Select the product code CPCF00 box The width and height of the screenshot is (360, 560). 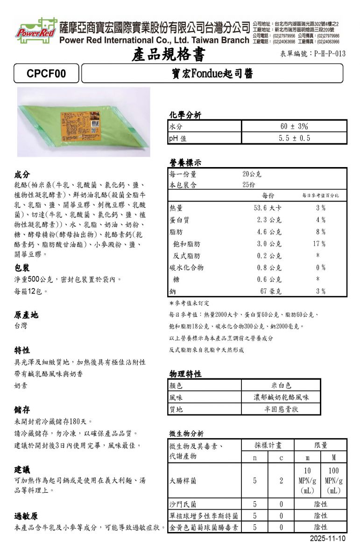coord(46,73)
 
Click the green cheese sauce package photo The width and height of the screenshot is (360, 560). coord(84,122)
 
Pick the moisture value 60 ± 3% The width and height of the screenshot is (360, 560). coord(294,126)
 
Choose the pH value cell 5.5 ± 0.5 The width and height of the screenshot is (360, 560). coord(294,138)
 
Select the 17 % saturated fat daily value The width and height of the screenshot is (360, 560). coord(319,244)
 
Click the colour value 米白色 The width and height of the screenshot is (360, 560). coord(281,385)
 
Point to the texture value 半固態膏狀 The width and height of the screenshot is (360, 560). coord(281,409)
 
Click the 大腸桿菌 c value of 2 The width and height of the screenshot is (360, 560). coord(282,480)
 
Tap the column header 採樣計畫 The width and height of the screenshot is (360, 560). coord(268,445)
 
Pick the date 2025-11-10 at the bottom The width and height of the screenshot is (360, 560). coord(328,539)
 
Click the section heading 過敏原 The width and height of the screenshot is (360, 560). coord(26,516)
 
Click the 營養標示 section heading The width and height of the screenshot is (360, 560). coord(185,163)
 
